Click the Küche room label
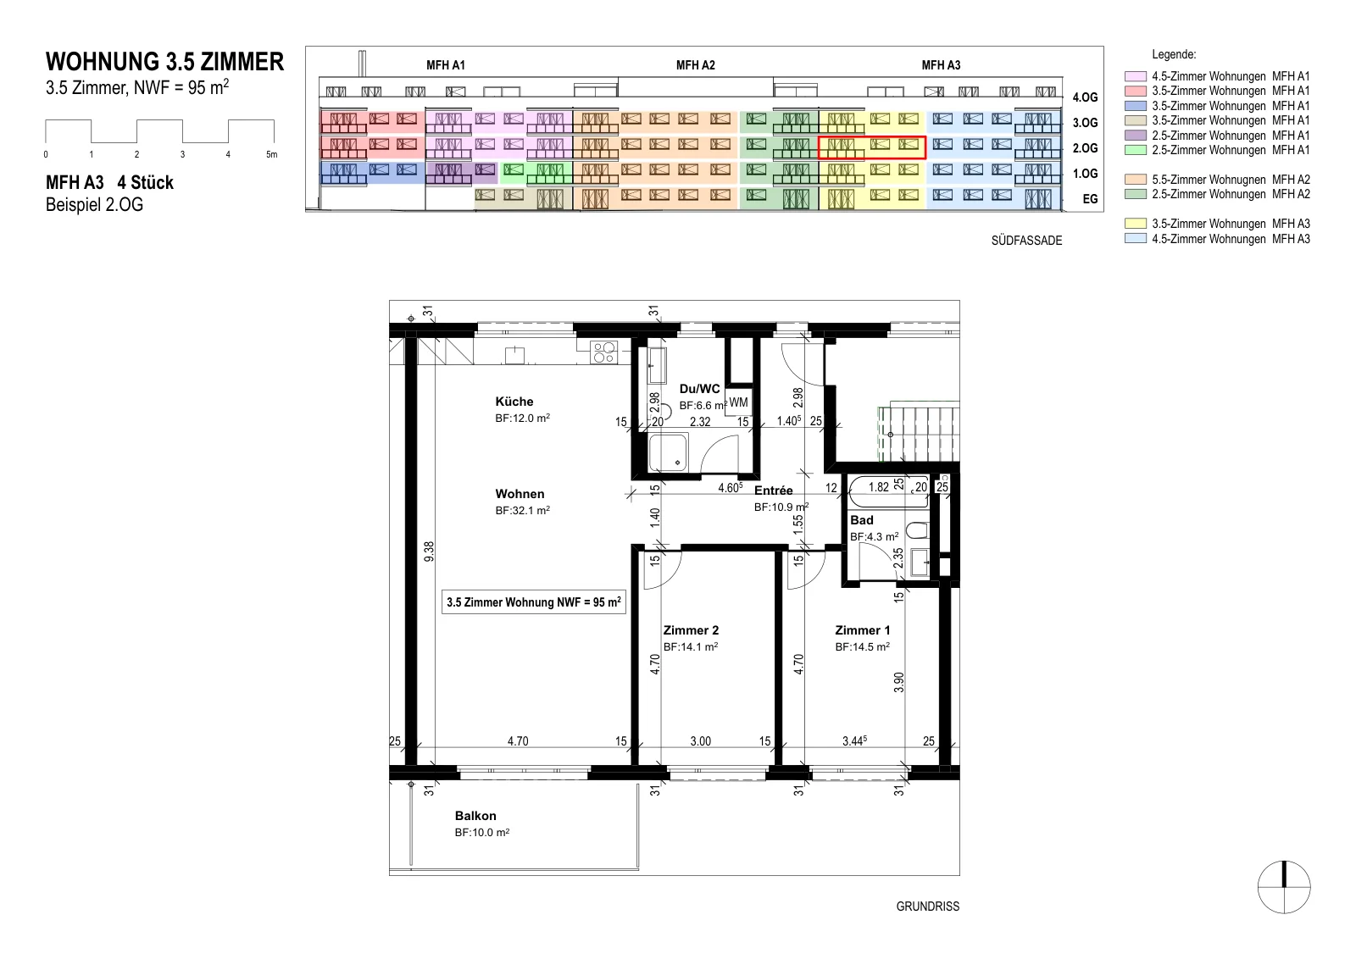coord(514,402)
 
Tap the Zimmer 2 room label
coord(691,629)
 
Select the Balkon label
coord(475,816)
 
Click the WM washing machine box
coord(738,402)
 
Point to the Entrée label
coord(773,490)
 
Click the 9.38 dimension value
coord(429,552)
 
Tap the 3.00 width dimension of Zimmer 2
coord(700,740)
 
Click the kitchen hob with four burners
coord(603,352)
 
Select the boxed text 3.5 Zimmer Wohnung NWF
coord(533,602)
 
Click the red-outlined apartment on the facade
coord(872,147)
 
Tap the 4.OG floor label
coord(1085,97)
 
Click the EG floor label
coord(1090,199)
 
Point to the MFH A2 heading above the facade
coord(696,64)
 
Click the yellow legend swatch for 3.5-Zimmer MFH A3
coord(1135,224)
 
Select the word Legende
coord(1174,54)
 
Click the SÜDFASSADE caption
coord(1026,241)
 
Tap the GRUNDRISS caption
coord(927,906)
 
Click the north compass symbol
coord(1284,887)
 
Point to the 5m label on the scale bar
coord(272,154)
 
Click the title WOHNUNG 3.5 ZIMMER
coord(164,62)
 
